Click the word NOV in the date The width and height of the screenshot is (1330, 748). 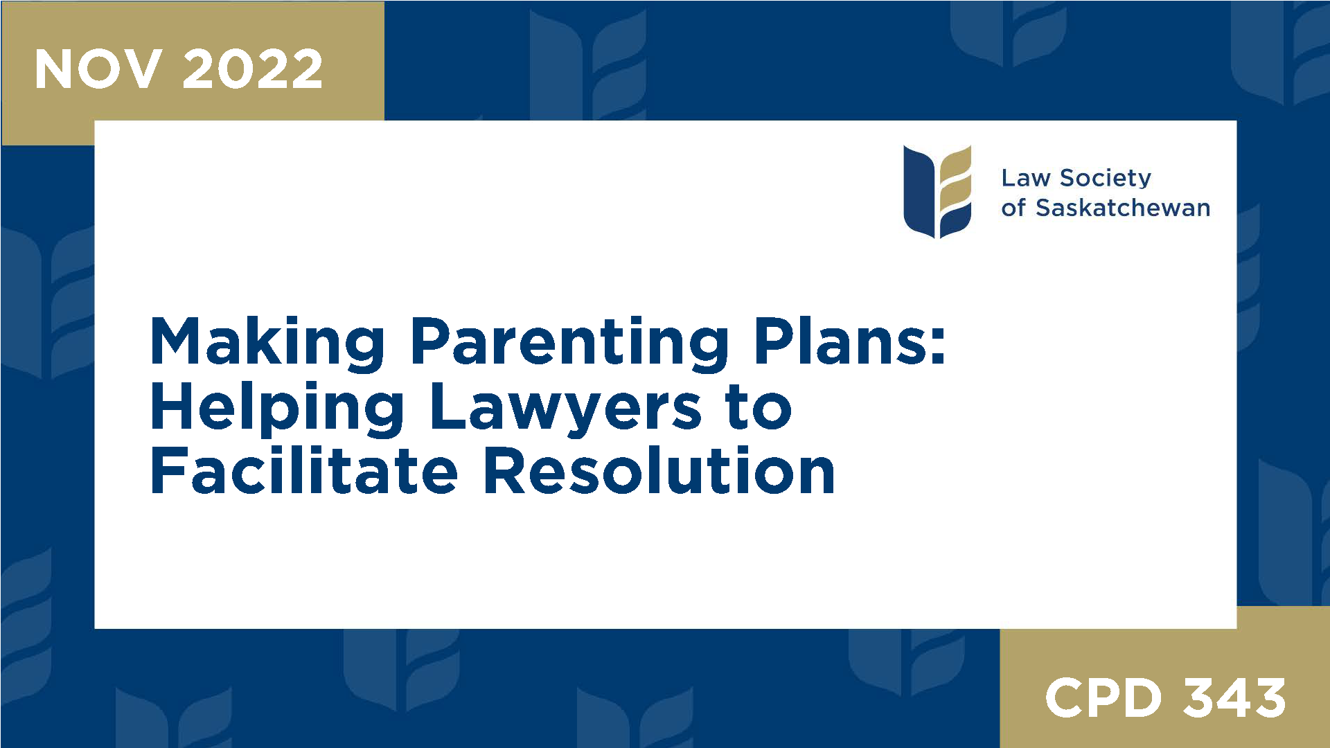pos(98,69)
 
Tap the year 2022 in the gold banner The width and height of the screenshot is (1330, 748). pos(253,69)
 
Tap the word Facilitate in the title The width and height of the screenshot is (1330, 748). pos(304,472)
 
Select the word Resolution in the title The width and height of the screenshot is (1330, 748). pos(659,472)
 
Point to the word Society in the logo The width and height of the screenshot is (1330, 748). pos(1106,178)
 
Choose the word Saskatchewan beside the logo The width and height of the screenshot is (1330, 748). pos(1123,208)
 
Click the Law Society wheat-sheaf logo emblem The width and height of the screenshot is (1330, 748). pos(937,191)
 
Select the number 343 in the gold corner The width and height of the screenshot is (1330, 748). pos(1234,697)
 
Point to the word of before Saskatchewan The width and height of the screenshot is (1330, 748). pos(1013,208)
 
